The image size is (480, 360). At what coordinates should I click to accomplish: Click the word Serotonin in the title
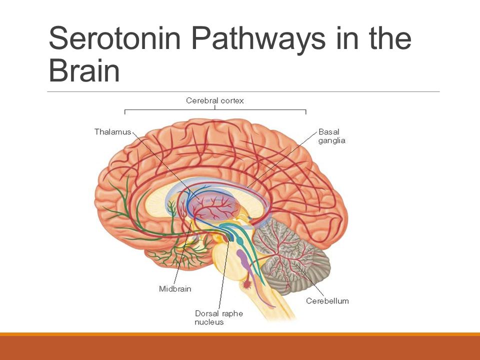(x=115, y=38)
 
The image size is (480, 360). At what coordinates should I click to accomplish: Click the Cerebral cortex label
(x=215, y=100)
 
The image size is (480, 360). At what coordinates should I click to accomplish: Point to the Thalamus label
(x=112, y=131)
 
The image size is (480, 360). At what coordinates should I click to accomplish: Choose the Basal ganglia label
(x=332, y=136)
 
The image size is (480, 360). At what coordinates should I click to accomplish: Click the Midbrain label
(x=175, y=288)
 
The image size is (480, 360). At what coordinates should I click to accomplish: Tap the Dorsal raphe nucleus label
(x=219, y=317)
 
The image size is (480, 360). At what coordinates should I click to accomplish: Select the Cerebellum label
(x=327, y=301)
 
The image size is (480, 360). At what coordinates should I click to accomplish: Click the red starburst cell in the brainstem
(x=246, y=284)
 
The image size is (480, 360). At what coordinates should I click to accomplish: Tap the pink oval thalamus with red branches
(x=213, y=207)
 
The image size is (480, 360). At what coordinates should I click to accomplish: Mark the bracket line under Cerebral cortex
(x=215, y=109)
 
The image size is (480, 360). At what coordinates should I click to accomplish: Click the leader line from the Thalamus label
(x=166, y=165)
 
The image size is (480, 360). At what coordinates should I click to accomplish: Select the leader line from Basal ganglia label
(x=282, y=160)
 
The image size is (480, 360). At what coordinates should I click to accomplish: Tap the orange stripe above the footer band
(x=240, y=334)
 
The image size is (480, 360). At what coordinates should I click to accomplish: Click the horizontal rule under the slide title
(x=243, y=91)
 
